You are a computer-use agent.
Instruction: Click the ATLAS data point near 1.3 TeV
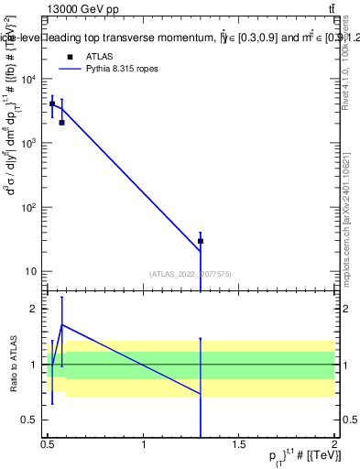(201, 241)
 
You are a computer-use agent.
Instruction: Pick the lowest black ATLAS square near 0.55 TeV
(61, 122)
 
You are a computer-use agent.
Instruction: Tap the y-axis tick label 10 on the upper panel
(33, 271)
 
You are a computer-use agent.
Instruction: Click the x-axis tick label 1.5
(239, 444)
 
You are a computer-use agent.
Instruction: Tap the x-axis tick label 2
(334, 444)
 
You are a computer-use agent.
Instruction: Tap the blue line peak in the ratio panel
(61, 324)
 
